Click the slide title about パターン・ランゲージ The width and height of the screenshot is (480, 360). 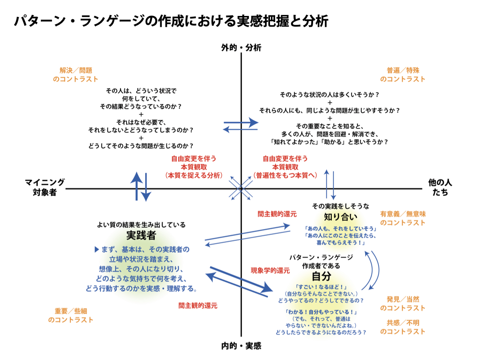pos(171,22)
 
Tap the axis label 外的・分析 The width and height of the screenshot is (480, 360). pos(241,47)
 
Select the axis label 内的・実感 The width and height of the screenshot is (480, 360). pos(241,346)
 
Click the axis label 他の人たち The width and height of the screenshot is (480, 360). pos(440,187)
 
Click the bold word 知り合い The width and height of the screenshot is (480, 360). pos(341,217)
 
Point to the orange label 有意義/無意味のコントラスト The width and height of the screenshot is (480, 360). pos(403,218)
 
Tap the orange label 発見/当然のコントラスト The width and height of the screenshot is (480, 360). pos(403,303)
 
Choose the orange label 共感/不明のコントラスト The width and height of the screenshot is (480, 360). pos(403,327)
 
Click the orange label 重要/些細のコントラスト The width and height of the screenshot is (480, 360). pos(71,315)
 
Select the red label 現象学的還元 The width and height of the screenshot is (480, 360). pos(270,270)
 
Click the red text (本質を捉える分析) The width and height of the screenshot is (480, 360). pos(194,175)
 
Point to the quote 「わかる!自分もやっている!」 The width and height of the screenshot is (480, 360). pos(321,312)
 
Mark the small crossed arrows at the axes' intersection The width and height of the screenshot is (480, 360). pos(241,189)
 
